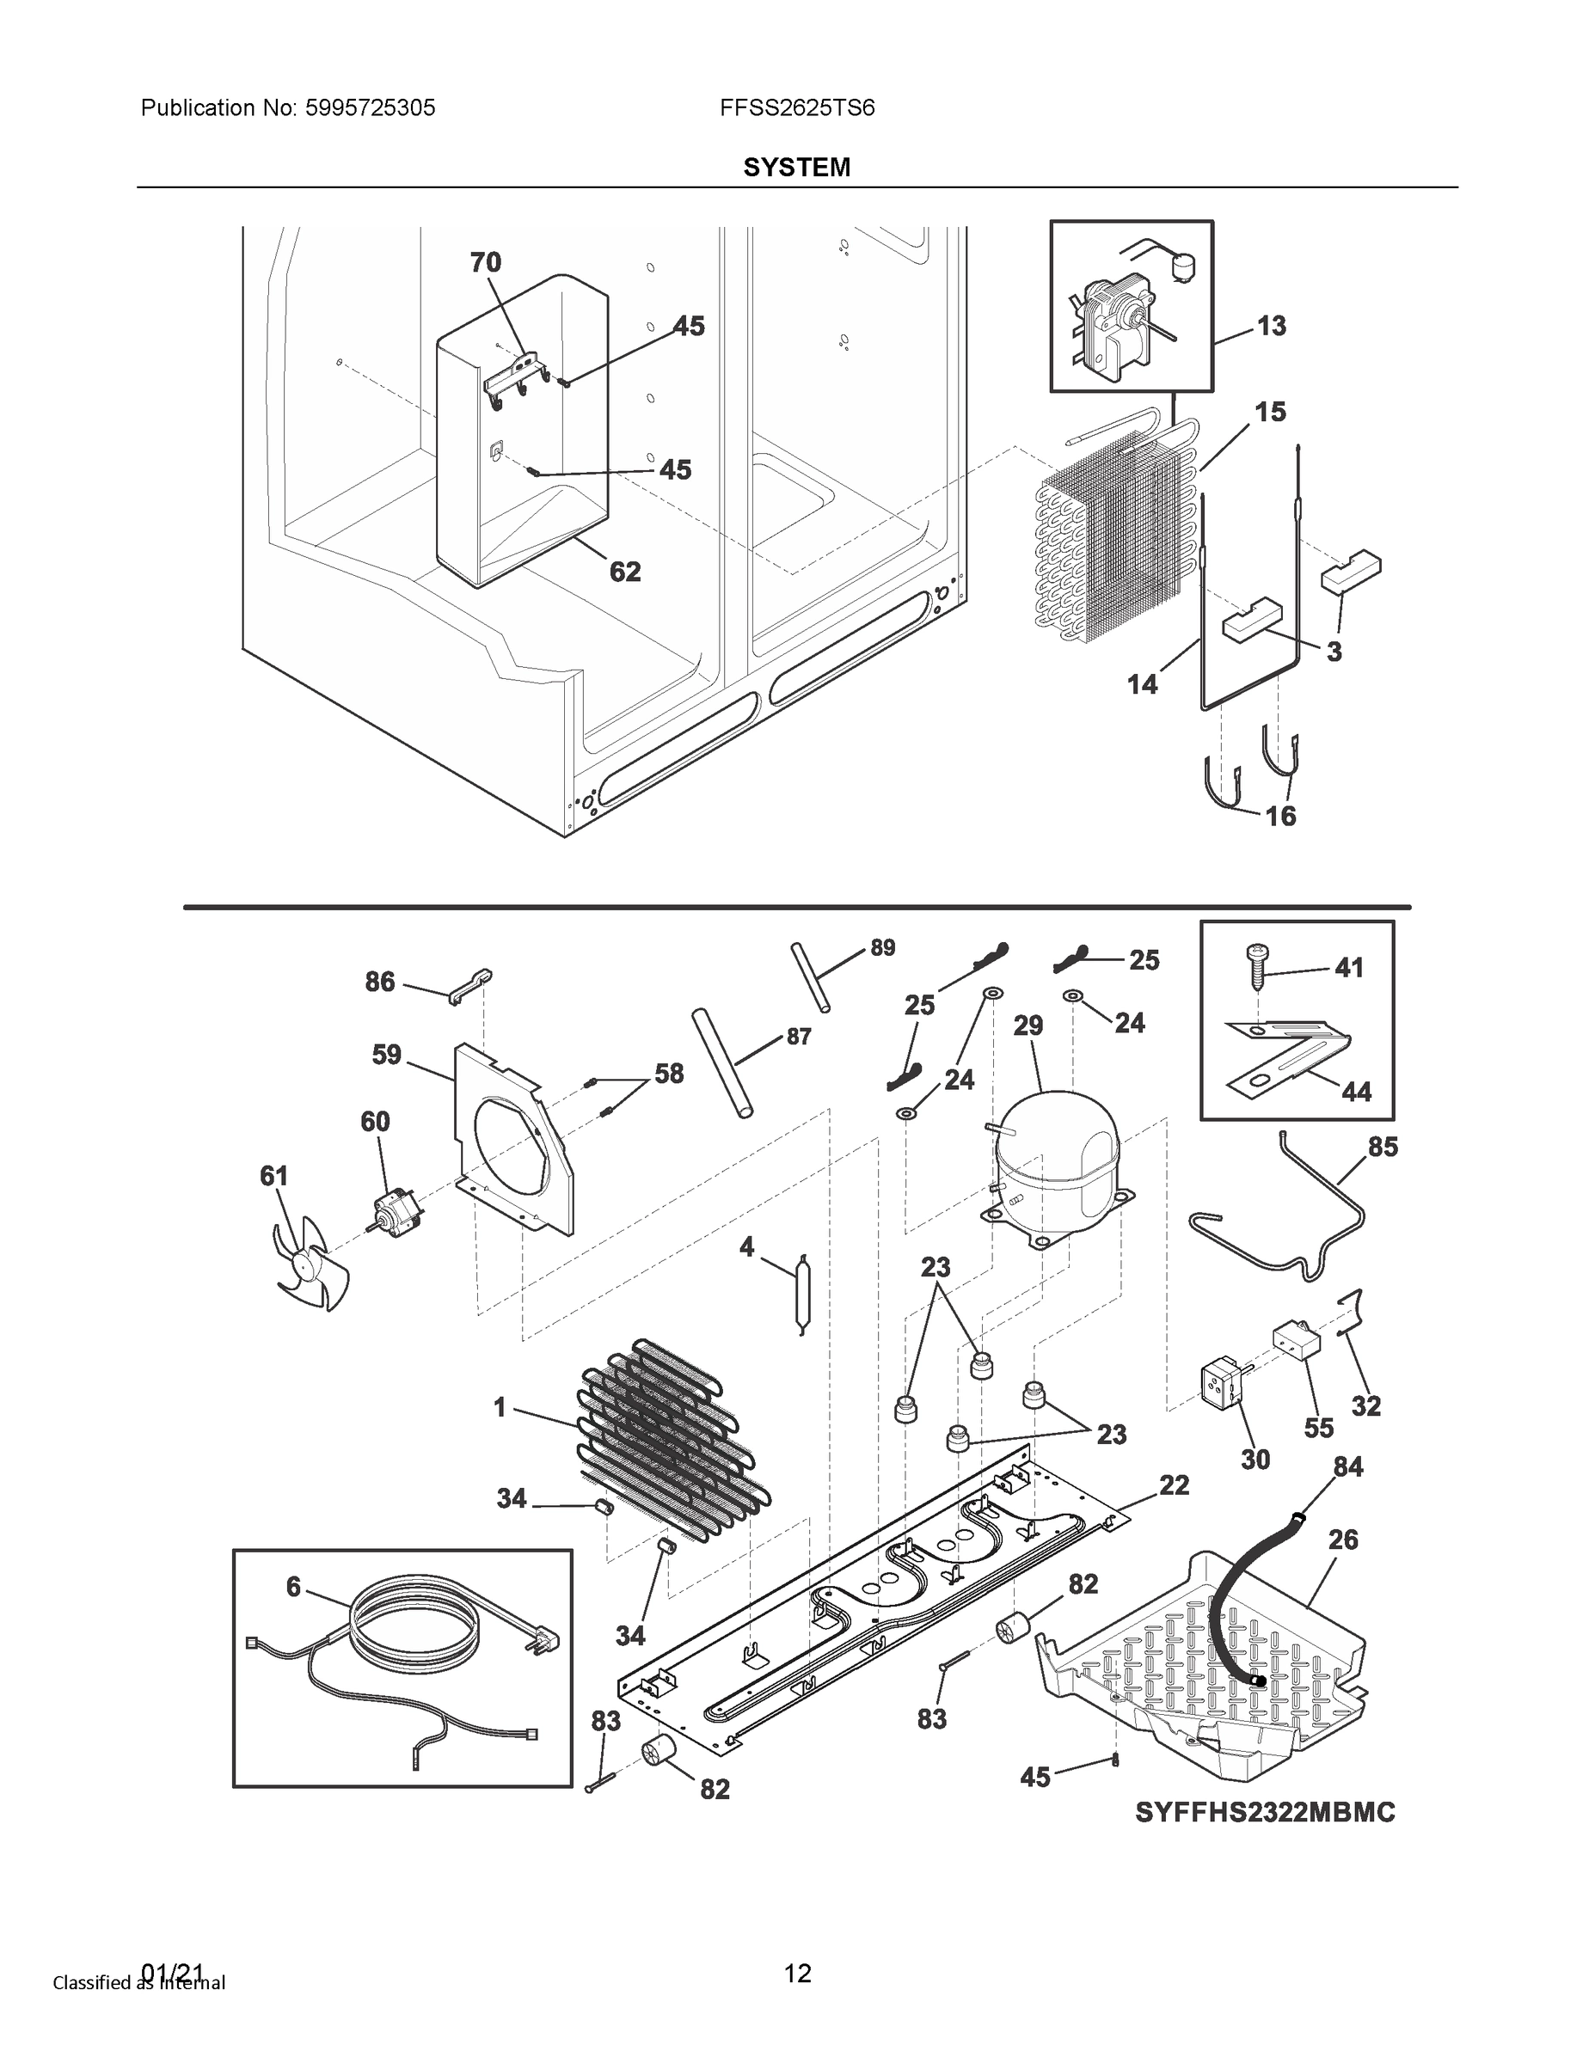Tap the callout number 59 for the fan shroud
[x=386, y=1054]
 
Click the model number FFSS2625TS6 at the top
[x=796, y=107]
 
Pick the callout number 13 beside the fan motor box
[x=1271, y=326]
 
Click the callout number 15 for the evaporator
[x=1270, y=412]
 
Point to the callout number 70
[x=486, y=262]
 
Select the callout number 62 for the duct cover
[x=624, y=572]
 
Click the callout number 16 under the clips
[x=1280, y=815]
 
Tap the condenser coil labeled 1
[x=671, y=1445]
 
